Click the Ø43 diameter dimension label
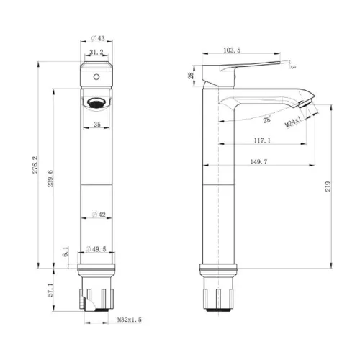pos(98,38)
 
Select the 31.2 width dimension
pos(96,52)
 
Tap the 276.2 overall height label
pos(35,165)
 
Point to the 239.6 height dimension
pos(50,179)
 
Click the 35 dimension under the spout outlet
pos(97,125)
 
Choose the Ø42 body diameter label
pos(99,215)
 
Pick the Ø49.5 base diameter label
pos(96,249)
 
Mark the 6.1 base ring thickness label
pos(66,251)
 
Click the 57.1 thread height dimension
pos(50,289)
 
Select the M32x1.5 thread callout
pos(130,320)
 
